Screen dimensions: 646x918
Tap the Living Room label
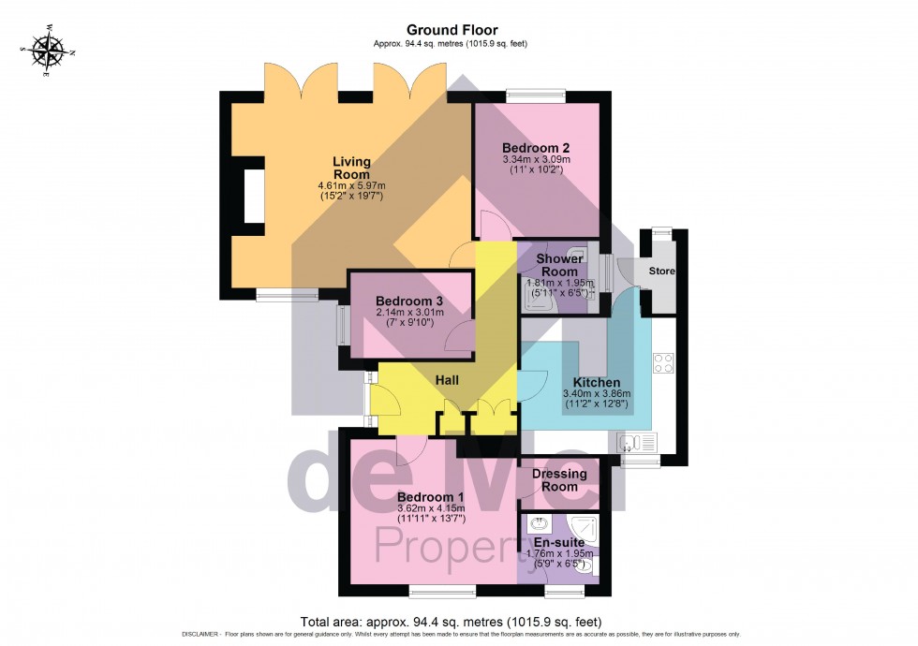click(x=351, y=169)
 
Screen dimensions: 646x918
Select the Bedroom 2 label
click(x=536, y=148)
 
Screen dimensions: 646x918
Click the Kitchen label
click(x=597, y=383)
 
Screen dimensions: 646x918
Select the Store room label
click(x=661, y=272)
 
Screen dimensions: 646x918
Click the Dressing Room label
click(x=560, y=479)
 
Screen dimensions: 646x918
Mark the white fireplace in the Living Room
click(x=254, y=196)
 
